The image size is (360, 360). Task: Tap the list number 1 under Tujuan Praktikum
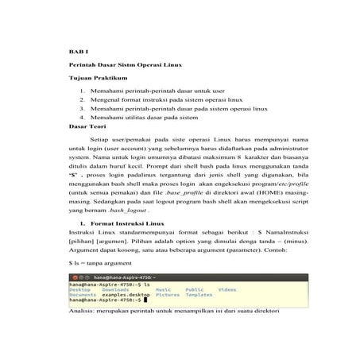[82, 93]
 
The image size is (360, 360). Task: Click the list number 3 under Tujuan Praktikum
[82, 110]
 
